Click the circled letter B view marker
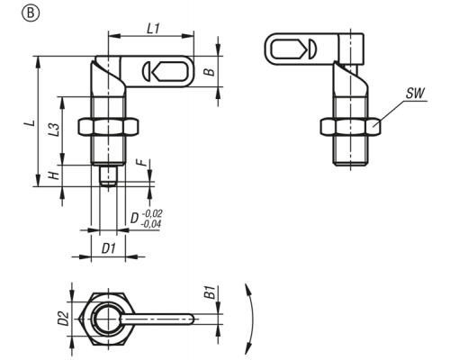31,13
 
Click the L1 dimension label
153,29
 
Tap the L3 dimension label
54,130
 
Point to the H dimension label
54,175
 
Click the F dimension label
141,162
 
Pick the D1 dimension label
109,248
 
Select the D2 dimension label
63,319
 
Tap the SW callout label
416,94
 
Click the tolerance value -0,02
152,213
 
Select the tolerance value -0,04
151,224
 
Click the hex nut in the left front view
108,127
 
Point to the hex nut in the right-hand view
350,127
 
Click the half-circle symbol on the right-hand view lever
311,49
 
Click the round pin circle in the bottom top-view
108,319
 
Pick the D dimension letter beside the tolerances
134,219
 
